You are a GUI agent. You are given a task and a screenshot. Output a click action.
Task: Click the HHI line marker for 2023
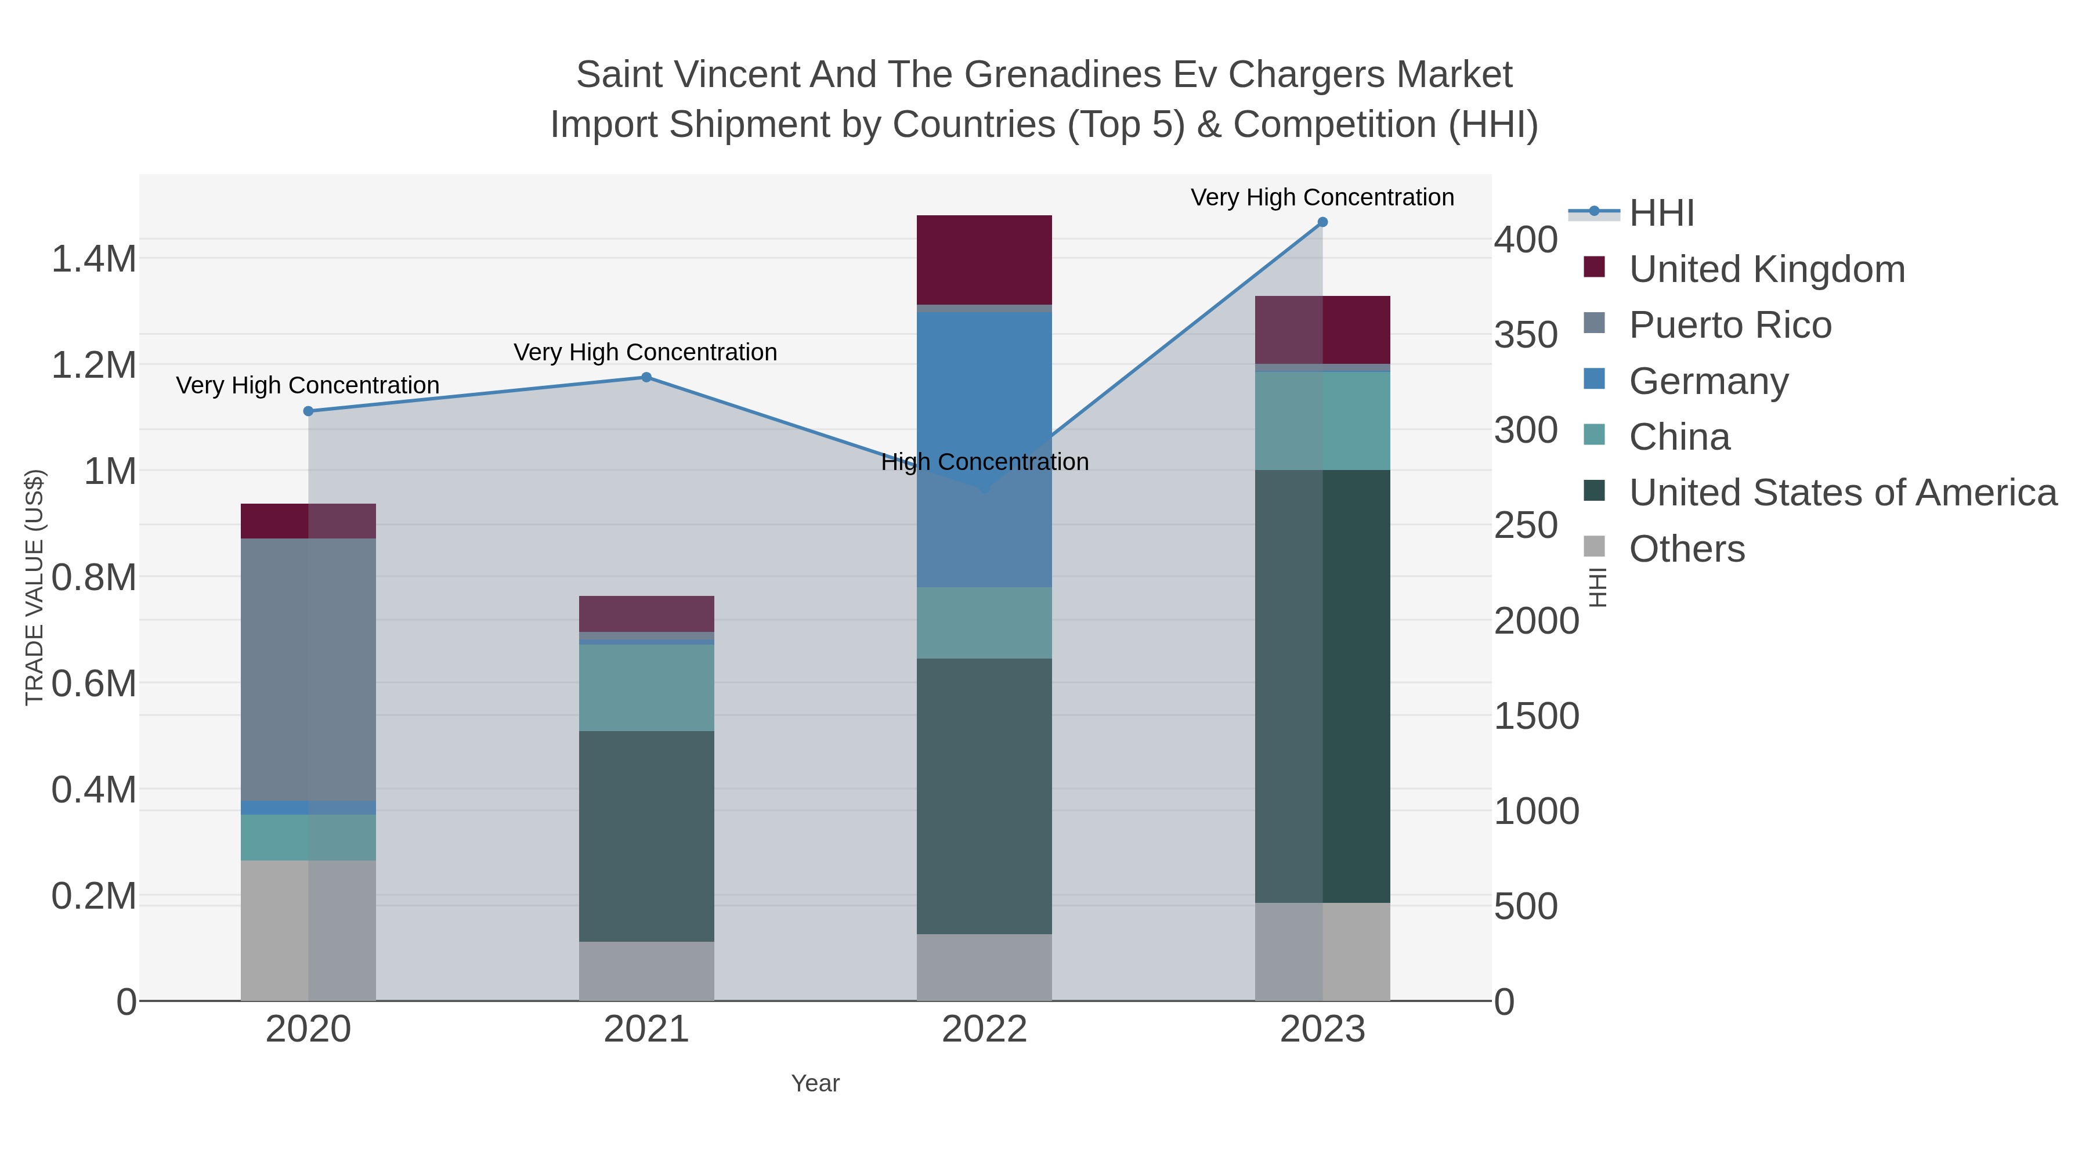[x=1322, y=222]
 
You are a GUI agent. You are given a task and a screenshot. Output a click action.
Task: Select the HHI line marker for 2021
[x=646, y=377]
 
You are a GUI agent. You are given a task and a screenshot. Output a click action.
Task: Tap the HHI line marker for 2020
[x=308, y=411]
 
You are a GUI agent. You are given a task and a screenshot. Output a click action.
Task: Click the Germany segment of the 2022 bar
[x=984, y=450]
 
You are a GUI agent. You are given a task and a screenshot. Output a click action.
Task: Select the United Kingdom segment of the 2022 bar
[x=984, y=259]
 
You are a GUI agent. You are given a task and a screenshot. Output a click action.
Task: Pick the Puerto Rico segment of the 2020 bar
[x=308, y=669]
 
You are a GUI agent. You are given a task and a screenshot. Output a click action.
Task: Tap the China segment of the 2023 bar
[x=1322, y=420]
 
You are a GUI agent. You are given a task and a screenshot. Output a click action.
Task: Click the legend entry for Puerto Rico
[x=1730, y=325]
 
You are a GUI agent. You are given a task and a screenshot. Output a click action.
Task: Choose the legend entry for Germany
[x=1708, y=381]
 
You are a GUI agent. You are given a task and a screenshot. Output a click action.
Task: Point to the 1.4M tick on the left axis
[x=93, y=259]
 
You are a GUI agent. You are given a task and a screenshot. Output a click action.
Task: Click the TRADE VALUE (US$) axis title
[x=34, y=587]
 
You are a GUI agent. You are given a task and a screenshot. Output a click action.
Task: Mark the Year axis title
[x=815, y=1083]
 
